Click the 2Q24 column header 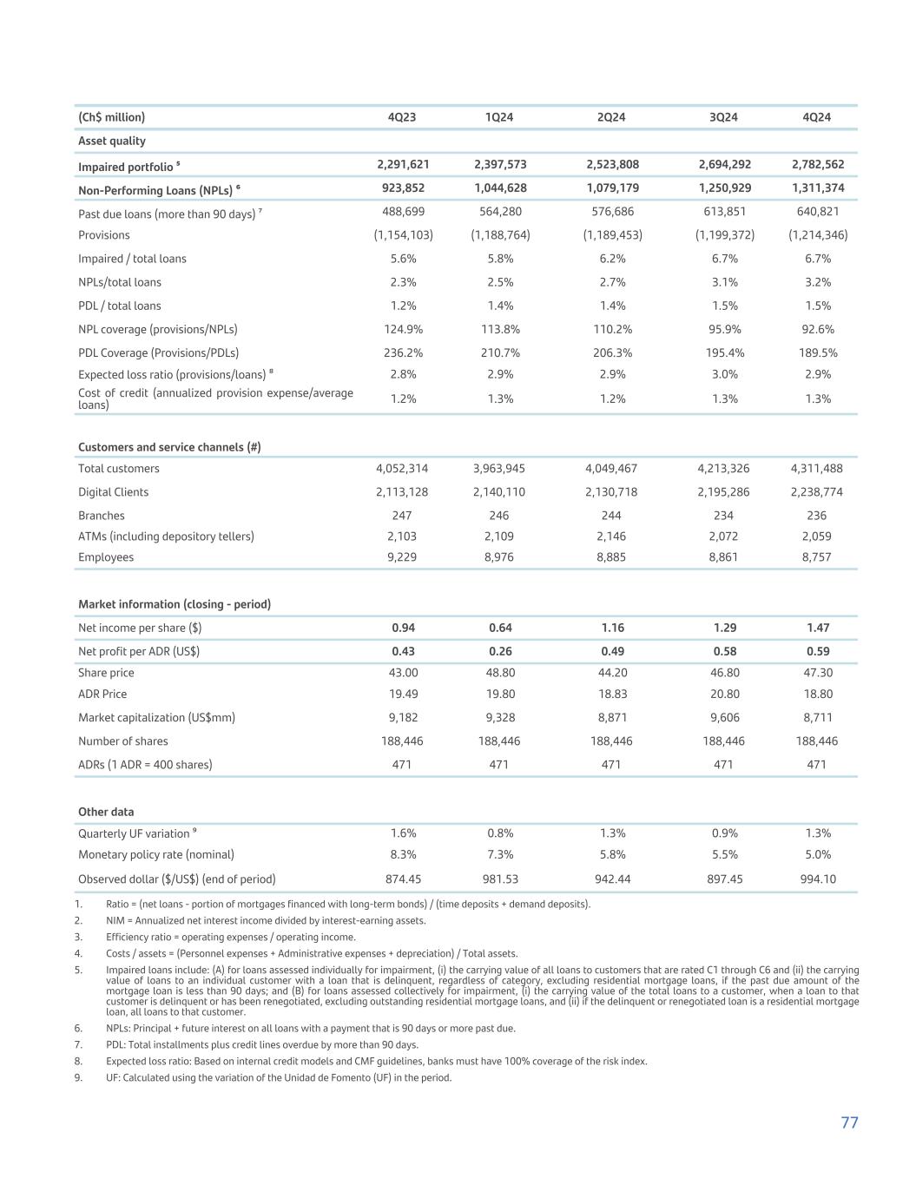pyautogui.click(x=611, y=117)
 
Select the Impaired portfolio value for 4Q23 pyautogui.click(x=402, y=164)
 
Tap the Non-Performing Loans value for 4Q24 pyautogui.click(x=817, y=188)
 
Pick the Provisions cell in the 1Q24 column pyautogui.click(x=499, y=234)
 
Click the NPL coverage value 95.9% pyautogui.click(x=723, y=329)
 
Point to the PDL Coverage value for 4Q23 pyautogui.click(x=402, y=352)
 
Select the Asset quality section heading pyautogui.click(x=112, y=141)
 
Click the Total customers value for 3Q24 pyautogui.click(x=723, y=468)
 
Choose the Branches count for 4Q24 pyautogui.click(x=817, y=515)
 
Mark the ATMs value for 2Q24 pyautogui.click(x=611, y=537)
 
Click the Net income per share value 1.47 pyautogui.click(x=817, y=628)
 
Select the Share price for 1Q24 pyautogui.click(x=499, y=673)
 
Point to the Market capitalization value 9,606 pyautogui.click(x=723, y=717)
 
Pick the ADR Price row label pyautogui.click(x=102, y=694)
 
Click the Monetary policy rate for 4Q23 pyautogui.click(x=402, y=854)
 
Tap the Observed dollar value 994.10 pyautogui.click(x=817, y=879)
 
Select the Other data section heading pyautogui.click(x=106, y=812)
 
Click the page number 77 pyautogui.click(x=849, y=1122)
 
